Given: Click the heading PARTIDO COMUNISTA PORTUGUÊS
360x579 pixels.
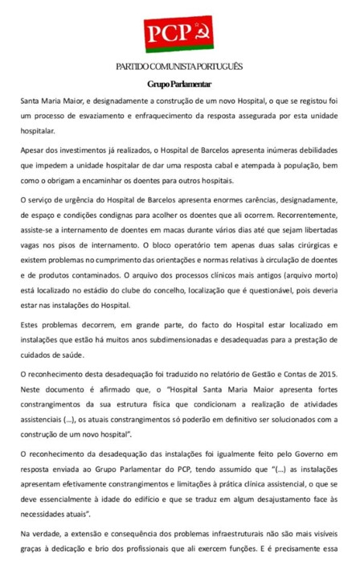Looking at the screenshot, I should pos(179,65).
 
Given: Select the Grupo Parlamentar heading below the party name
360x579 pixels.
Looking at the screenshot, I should pos(179,84).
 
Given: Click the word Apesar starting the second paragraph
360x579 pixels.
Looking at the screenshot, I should pos(35,150).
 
